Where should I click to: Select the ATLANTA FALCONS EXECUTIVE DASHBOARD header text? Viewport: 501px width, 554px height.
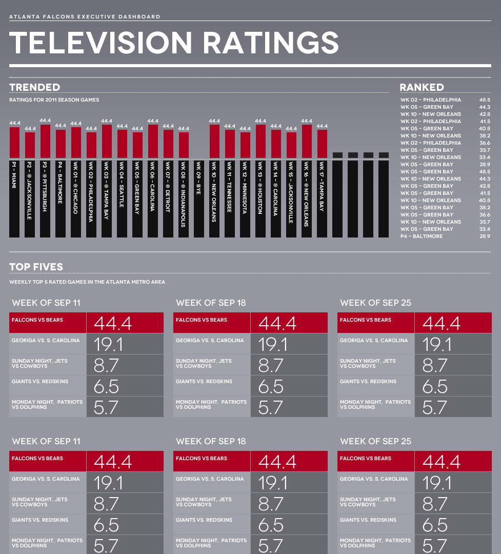coord(85,17)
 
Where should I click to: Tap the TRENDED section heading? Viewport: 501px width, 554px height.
coord(34,88)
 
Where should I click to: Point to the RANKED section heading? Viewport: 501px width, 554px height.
coord(422,88)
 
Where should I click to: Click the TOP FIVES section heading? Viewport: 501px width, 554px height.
coord(36,267)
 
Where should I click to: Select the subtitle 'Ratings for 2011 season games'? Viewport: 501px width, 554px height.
coord(54,100)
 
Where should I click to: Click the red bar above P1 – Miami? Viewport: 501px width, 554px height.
coord(14,143)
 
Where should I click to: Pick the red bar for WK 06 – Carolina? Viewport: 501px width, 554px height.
coord(153,142)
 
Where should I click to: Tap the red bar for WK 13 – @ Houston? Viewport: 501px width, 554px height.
coord(260,142)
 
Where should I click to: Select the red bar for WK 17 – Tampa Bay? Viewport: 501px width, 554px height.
coord(322,144)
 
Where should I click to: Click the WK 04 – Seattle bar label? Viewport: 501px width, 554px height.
coord(122,185)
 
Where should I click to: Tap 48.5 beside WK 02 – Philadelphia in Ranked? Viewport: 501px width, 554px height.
coord(485,100)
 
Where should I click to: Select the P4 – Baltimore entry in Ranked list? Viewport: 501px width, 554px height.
coord(421,236)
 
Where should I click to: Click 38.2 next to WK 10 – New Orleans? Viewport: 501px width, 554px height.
coord(485,136)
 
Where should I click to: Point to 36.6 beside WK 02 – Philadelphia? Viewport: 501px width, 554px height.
coord(485,143)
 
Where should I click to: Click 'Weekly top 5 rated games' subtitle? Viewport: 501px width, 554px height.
coord(87,282)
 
